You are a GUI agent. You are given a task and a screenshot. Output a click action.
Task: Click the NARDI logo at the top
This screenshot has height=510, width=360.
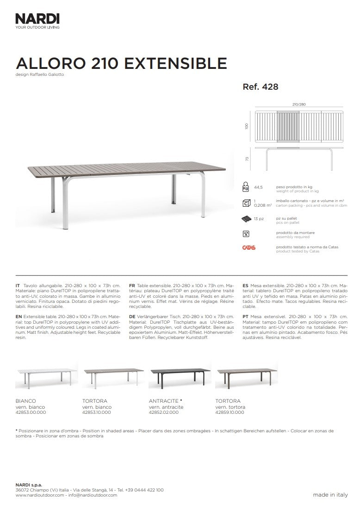click(37, 19)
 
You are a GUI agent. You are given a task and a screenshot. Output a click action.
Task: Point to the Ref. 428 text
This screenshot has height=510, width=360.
click(260, 86)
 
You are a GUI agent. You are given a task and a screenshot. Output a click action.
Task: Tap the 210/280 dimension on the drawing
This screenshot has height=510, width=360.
click(299, 104)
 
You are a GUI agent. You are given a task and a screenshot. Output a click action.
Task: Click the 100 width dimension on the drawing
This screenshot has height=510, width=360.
click(247, 126)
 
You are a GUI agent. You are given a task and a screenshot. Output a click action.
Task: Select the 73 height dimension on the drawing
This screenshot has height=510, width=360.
click(247, 159)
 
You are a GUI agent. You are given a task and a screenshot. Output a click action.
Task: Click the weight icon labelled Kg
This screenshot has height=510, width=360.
click(246, 187)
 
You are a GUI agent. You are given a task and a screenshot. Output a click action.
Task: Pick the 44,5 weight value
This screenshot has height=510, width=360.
click(258, 188)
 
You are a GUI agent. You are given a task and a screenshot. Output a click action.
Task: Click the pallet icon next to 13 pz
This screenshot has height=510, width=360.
click(246, 218)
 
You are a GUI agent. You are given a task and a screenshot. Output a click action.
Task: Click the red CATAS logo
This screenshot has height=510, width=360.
click(248, 248)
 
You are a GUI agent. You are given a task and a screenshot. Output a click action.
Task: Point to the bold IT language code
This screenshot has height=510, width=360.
click(18, 287)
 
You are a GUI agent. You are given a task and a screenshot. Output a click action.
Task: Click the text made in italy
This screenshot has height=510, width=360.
click(330, 495)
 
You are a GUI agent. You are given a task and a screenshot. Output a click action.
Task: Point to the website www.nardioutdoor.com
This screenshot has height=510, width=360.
click(40, 495)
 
